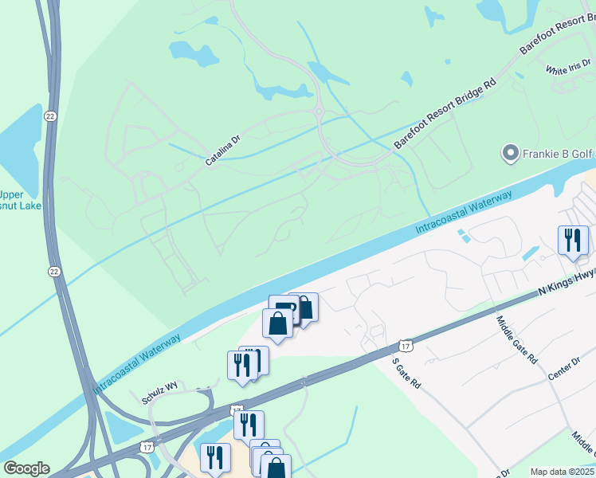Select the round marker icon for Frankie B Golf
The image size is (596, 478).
(509, 152)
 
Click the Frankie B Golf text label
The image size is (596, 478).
(559, 152)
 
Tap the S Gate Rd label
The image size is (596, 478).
(406, 372)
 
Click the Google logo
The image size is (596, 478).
(26, 468)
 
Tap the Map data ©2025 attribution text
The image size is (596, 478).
(563, 472)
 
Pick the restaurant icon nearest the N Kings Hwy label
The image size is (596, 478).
(572, 241)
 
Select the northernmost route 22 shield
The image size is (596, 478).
(51, 116)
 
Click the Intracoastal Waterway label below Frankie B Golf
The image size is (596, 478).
(464, 212)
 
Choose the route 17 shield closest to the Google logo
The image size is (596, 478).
(147, 449)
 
